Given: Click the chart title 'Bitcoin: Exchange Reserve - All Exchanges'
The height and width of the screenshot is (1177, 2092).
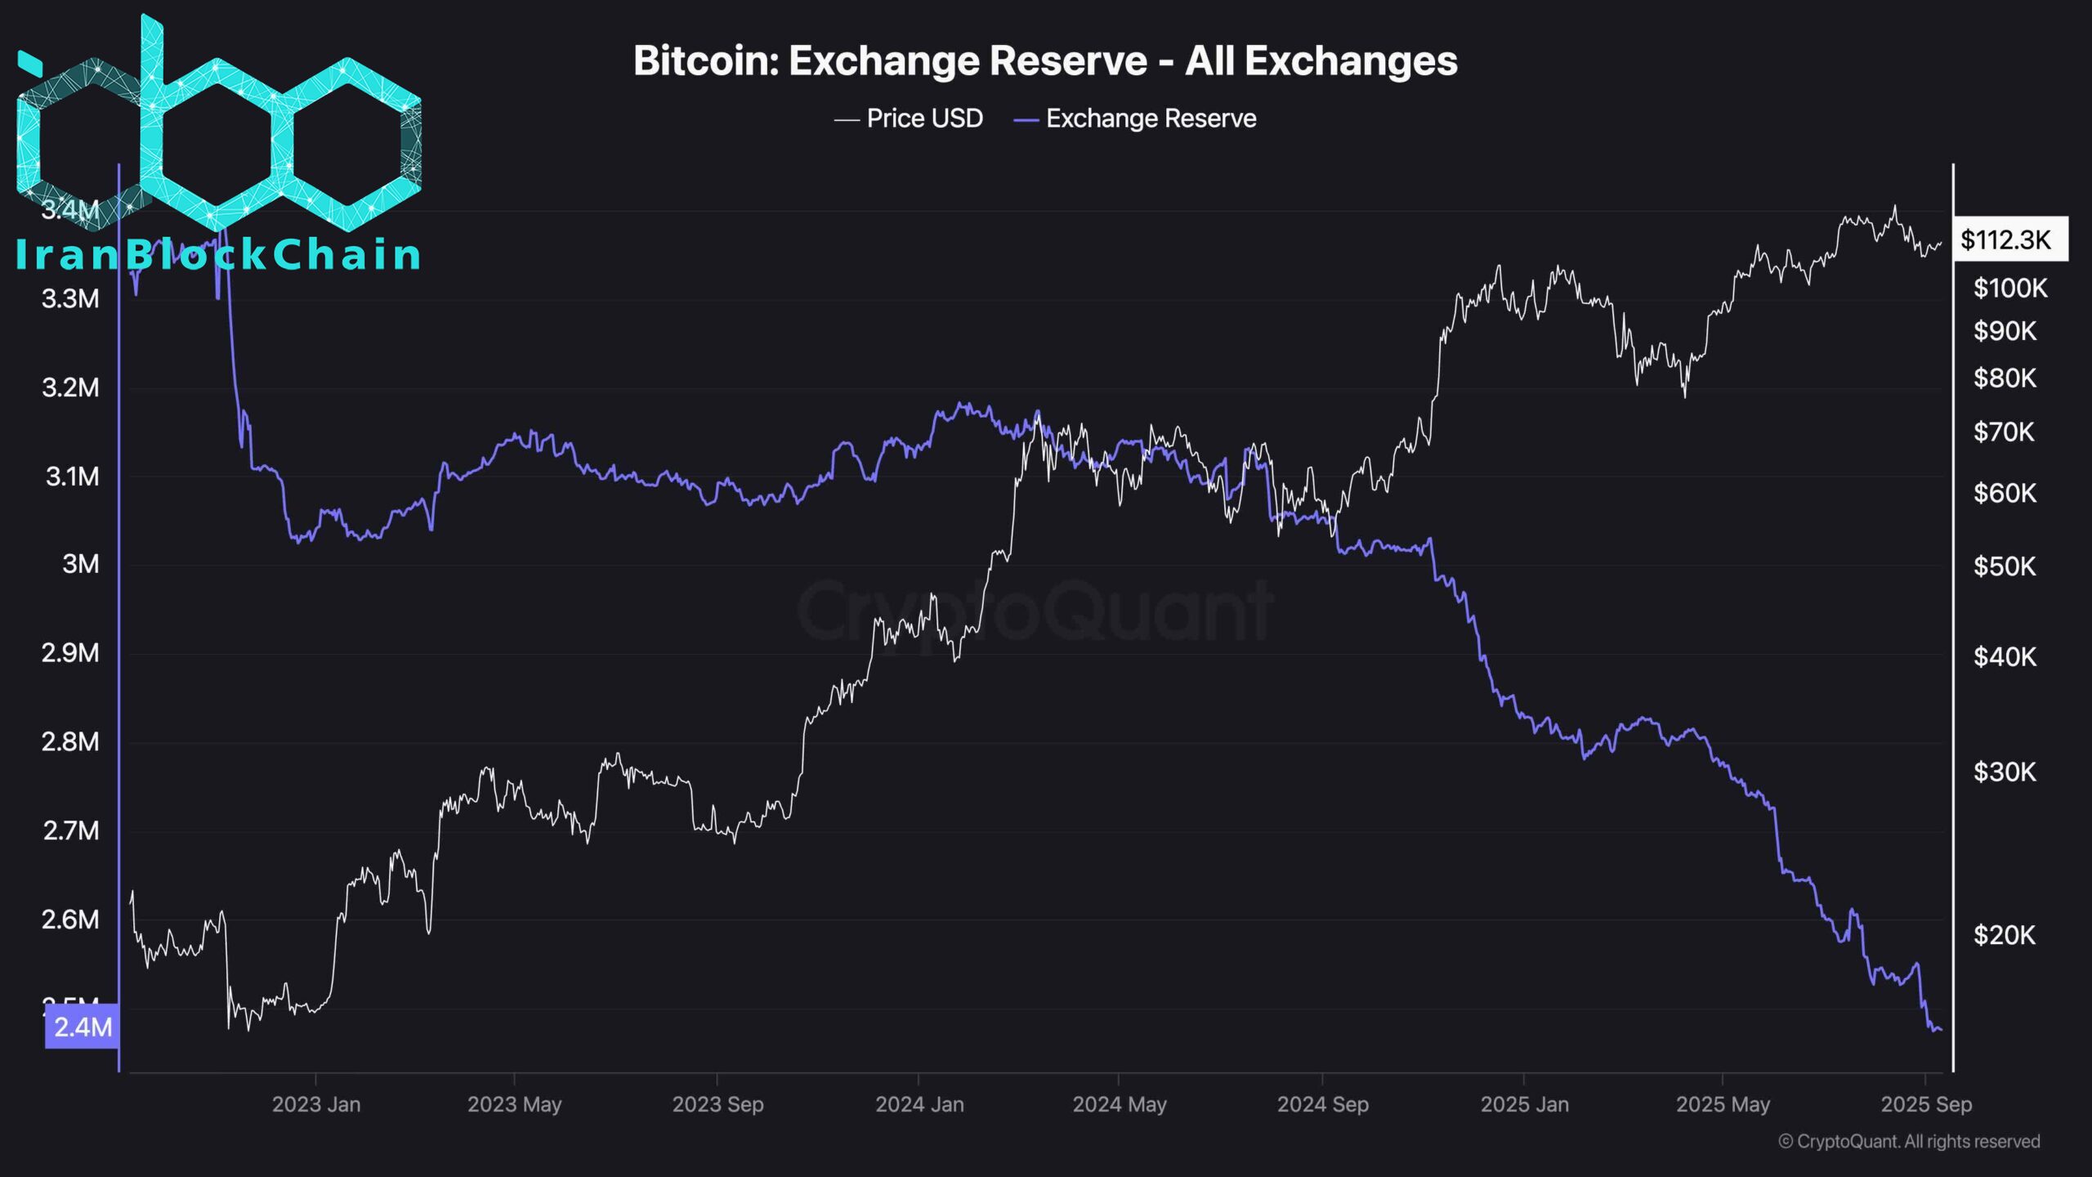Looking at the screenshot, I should coord(1045,61).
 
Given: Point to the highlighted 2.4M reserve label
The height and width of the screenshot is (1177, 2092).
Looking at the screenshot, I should coord(83,1027).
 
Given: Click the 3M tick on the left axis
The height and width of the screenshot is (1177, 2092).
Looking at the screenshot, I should coord(81,564).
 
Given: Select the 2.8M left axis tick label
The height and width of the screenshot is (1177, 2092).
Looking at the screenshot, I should coord(70,742).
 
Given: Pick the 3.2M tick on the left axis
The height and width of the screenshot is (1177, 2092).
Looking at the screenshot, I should coord(70,387).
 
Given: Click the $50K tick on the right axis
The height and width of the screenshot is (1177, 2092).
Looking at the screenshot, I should coord(2005,566).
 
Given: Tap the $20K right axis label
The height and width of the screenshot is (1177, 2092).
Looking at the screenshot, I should coord(2005,935).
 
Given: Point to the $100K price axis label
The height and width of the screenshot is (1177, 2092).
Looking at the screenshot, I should coord(2010,289).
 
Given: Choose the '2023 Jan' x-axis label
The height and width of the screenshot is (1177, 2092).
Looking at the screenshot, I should coord(316,1105).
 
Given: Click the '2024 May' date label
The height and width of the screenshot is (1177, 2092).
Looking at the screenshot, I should coord(1120,1105).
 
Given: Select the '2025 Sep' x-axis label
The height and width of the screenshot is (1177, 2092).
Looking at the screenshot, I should coord(1926,1105).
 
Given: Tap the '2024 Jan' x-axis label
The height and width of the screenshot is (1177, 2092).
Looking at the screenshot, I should coord(919,1105).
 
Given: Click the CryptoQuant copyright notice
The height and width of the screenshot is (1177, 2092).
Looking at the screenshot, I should coord(1909,1142).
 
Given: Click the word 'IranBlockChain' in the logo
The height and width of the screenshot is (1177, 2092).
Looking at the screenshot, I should coord(218,255).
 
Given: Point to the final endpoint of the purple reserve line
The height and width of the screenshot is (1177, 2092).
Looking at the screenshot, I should coord(1941,1030).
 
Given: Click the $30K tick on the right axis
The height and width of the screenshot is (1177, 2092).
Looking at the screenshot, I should coord(2005,772).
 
